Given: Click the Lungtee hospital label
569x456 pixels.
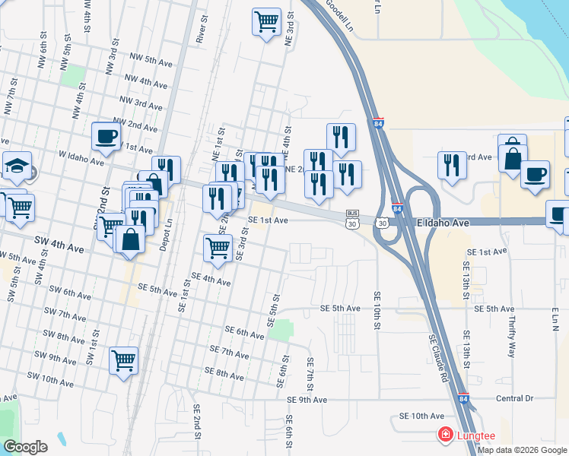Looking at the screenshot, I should click(x=476, y=435).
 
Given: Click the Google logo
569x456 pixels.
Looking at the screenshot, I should click(x=26, y=447).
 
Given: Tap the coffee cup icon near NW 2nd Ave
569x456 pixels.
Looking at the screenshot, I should click(x=106, y=137).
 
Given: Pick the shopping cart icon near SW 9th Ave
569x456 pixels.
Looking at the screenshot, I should click(x=123, y=360).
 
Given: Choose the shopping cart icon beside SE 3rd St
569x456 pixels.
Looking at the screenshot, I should click(x=218, y=247).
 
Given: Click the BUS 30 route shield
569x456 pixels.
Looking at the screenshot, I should click(x=351, y=219).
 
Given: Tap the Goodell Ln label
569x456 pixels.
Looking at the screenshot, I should click(x=340, y=14).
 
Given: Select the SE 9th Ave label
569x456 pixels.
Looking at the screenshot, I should click(x=307, y=400).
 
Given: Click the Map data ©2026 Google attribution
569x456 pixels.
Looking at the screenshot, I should click(x=522, y=450).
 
